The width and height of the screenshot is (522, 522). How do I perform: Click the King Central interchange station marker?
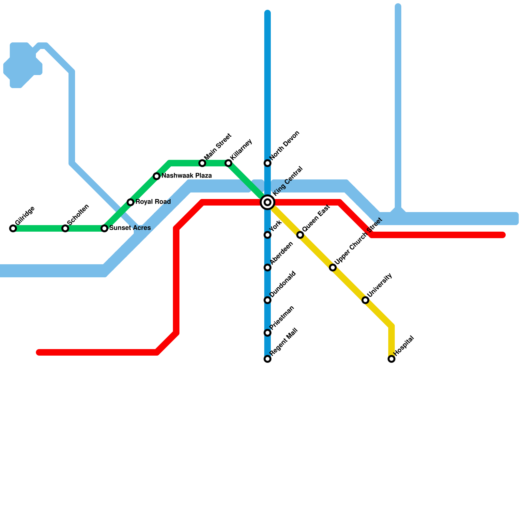[268, 202]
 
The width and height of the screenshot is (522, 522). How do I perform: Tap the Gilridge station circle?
[13, 228]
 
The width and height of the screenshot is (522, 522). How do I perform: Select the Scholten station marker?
[65, 228]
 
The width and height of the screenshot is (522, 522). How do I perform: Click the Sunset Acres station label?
[130, 228]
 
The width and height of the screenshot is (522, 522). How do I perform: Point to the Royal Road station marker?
[130, 202]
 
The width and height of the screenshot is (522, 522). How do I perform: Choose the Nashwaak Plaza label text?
[187, 176]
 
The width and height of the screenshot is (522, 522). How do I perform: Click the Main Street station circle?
[202, 163]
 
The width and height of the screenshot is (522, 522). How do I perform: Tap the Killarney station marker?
[228, 163]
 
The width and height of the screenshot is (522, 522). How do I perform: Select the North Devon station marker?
[268, 163]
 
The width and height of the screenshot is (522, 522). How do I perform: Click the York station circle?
[268, 235]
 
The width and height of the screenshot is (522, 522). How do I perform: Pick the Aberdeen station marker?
[268, 268]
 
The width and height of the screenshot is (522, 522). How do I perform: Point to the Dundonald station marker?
[268, 300]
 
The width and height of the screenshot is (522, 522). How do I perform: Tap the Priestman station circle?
[268, 333]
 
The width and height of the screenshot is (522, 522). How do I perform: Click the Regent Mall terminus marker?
[268, 359]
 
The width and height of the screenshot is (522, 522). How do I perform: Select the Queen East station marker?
[300, 235]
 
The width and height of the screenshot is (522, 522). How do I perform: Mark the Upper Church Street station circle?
[333, 268]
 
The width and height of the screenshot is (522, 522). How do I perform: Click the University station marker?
[365, 300]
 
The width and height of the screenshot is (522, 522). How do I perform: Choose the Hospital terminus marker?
[391, 359]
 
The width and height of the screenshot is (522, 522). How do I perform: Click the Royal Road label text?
[153, 202]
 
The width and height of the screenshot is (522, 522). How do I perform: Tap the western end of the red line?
[39, 352]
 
